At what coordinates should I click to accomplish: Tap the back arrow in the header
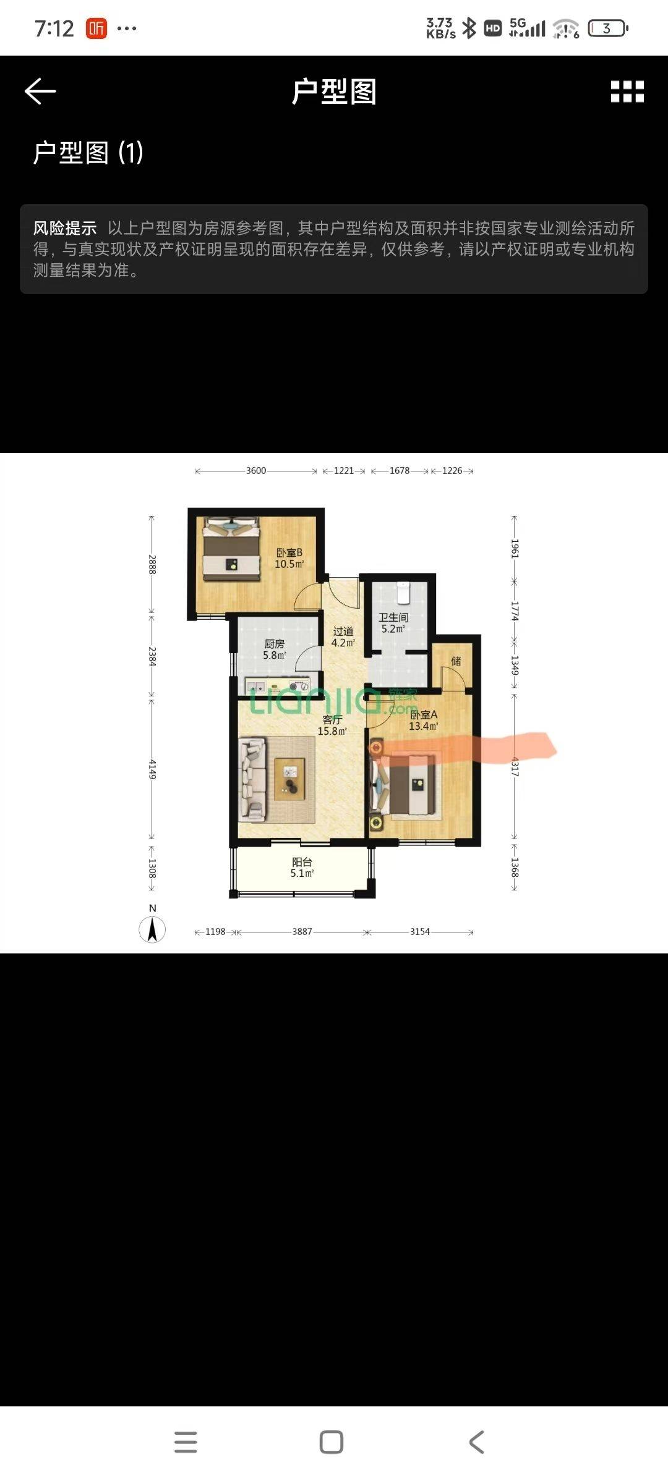[x=40, y=91]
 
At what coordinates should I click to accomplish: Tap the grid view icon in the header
[x=627, y=91]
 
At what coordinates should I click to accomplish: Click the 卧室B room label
[x=289, y=552]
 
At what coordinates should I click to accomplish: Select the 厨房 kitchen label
[x=275, y=644]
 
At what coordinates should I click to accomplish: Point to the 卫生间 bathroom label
[x=393, y=617]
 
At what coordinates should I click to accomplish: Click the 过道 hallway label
[x=343, y=631]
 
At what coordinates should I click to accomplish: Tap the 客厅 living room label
[x=332, y=719]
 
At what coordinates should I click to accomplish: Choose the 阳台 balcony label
[x=302, y=861]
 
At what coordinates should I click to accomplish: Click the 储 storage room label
[x=456, y=661]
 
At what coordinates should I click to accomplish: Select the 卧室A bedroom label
[x=424, y=714]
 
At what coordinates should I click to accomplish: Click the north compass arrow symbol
[x=152, y=929]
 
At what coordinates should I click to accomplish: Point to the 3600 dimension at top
[x=256, y=471]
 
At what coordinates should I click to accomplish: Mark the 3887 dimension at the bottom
[x=302, y=932]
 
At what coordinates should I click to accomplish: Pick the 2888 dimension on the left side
[x=152, y=565]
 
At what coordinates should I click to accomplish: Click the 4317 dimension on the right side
[x=515, y=767]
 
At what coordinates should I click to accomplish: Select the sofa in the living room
[x=254, y=780]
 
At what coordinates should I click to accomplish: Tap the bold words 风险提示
[x=65, y=228]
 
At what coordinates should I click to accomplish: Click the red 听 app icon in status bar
[x=96, y=28]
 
